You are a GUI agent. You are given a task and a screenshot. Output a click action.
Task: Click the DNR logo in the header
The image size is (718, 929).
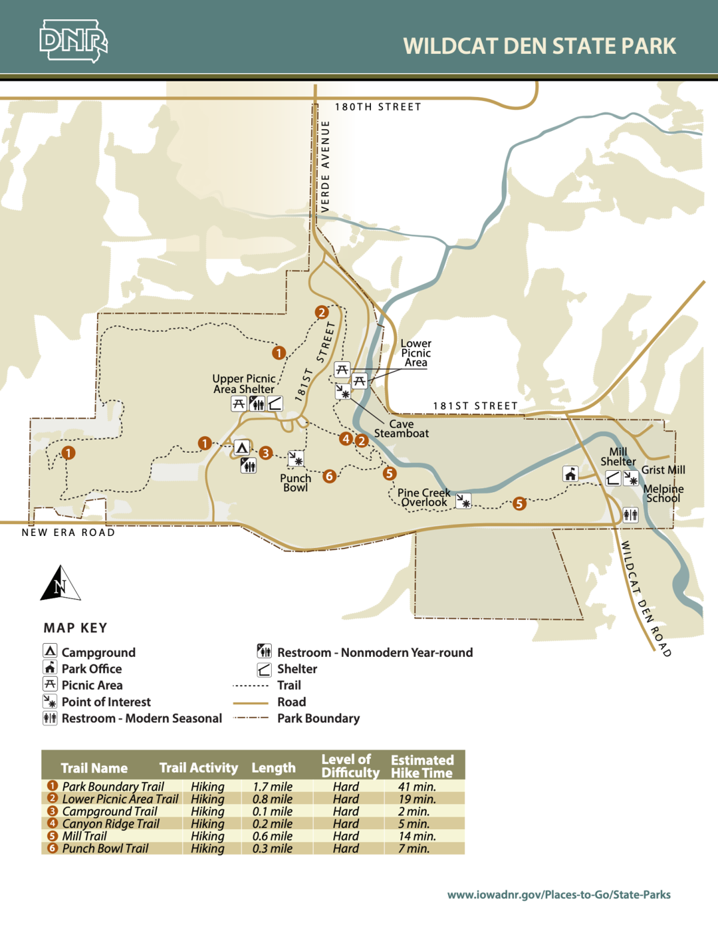pyautogui.click(x=73, y=41)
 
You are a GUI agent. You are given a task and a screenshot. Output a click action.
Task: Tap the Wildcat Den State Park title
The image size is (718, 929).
pyautogui.click(x=539, y=46)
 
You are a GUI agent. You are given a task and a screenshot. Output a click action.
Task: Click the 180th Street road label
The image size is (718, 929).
pyautogui.click(x=378, y=107)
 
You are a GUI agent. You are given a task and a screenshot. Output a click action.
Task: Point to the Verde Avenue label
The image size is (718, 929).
pyautogui.click(x=325, y=166)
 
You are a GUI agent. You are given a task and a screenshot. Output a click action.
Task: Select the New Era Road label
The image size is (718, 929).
pyautogui.click(x=68, y=532)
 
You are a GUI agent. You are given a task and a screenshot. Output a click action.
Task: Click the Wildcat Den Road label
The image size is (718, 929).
pyautogui.click(x=645, y=598)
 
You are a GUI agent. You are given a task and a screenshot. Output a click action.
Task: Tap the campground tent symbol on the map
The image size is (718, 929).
pyautogui.click(x=242, y=447)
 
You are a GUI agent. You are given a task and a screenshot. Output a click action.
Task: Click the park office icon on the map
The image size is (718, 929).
pyautogui.click(x=570, y=474)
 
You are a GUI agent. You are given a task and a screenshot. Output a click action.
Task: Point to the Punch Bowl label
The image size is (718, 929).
pyautogui.click(x=296, y=483)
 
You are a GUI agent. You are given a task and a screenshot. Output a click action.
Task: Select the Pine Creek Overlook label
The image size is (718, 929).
pyautogui.click(x=424, y=497)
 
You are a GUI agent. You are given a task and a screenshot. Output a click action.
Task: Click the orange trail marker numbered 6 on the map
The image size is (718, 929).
pyautogui.click(x=329, y=476)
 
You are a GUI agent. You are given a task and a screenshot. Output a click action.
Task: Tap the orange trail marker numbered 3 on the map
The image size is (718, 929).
pyautogui.click(x=266, y=453)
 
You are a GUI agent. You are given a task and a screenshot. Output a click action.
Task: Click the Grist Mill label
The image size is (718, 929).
pyautogui.click(x=663, y=470)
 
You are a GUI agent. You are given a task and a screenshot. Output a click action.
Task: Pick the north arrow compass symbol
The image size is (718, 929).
pyautogui.click(x=60, y=583)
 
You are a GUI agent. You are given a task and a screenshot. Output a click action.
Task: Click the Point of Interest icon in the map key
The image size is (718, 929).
pyautogui.click(x=50, y=701)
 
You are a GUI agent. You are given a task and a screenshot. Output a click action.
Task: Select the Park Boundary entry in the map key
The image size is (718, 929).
pyautogui.click(x=318, y=718)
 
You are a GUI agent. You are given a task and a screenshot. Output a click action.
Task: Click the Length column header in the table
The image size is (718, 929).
pyautogui.click(x=273, y=767)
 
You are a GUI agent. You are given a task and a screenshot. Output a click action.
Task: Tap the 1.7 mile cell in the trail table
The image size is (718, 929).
pyautogui.click(x=272, y=787)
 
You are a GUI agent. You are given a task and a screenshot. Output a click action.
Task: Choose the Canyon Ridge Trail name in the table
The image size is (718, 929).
pyautogui.click(x=111, y=824)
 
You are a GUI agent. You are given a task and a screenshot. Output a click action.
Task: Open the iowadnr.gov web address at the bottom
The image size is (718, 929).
pyautogui.click(x=559, y=894)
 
